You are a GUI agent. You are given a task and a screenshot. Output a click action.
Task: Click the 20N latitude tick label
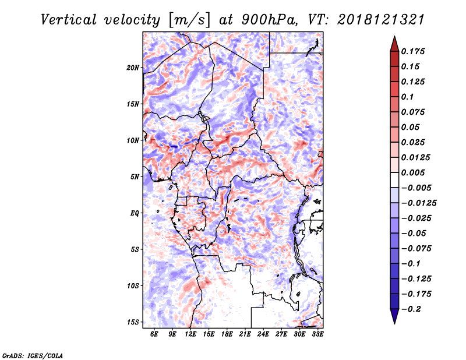tap(133, 68)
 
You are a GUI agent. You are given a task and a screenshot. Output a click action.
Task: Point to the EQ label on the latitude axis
tap(135, 213)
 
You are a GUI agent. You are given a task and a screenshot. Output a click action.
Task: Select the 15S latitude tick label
tap(133, 322)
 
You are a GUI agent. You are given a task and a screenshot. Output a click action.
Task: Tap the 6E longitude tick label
tap(154, 334)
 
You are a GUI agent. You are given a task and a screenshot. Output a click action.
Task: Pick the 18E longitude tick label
tap(227, 334)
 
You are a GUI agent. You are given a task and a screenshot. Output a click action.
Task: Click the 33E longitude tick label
tap(317, 334)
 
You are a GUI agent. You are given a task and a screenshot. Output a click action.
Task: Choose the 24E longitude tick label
tap(263, 334)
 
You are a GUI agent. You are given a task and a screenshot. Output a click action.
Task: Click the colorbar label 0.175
tap(413, 51)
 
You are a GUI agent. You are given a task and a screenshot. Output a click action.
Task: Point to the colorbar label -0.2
tap(411, 309)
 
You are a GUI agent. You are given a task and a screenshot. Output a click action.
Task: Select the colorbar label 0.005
tap(413, 172)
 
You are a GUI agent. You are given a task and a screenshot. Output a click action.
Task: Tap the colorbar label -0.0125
tap(419, 203)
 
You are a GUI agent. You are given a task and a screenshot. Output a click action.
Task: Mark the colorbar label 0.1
tap(407, 97)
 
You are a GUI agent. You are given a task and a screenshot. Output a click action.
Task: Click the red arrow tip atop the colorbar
tap(394, 36)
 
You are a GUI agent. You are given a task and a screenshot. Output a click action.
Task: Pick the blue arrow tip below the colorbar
tap(394, 323)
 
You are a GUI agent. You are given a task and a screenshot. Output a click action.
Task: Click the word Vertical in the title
tap(69, 20)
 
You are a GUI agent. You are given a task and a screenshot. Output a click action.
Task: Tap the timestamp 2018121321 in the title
tap(381, 20)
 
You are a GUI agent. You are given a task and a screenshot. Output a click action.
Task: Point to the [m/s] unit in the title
tap(189, 20)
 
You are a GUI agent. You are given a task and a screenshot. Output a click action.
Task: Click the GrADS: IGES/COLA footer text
tap(33, 355)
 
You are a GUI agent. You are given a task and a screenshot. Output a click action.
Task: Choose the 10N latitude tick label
tap(133, 140)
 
